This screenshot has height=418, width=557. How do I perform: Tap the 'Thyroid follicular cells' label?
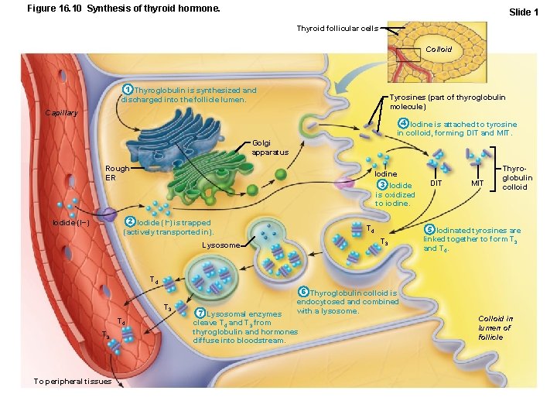pyautogui.click(x=337, y=28)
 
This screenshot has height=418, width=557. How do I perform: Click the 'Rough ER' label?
pyautogui.click(x=117, y=173)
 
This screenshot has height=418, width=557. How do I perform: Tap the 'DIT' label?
pyautogui.click(x=436, y=183)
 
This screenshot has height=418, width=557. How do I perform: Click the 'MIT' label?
pyautogui.click(x=478, y=183)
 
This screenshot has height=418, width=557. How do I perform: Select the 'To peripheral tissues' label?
pyautogui.click(x=73, y=381)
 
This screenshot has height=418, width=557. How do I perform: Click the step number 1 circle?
pyautogui.click(x=128, y=91)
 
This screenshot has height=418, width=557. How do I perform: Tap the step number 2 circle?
pyautogui.click(x=131, y=223)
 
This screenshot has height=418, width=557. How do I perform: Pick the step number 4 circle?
pyautogui.click(x=403, y=124)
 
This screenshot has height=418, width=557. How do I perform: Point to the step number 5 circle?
pyautogui.click(x=429, y=230)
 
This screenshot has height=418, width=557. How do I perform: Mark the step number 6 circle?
pyautogui.click(x=303, y=292)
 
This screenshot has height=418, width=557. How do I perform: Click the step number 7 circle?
pyautogui.click(x=200, y=313)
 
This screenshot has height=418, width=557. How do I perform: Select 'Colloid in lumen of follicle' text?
pyautogui.click(x=495, y=327)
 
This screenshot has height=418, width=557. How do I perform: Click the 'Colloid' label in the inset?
pyautogui.click(x=439, y=49)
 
